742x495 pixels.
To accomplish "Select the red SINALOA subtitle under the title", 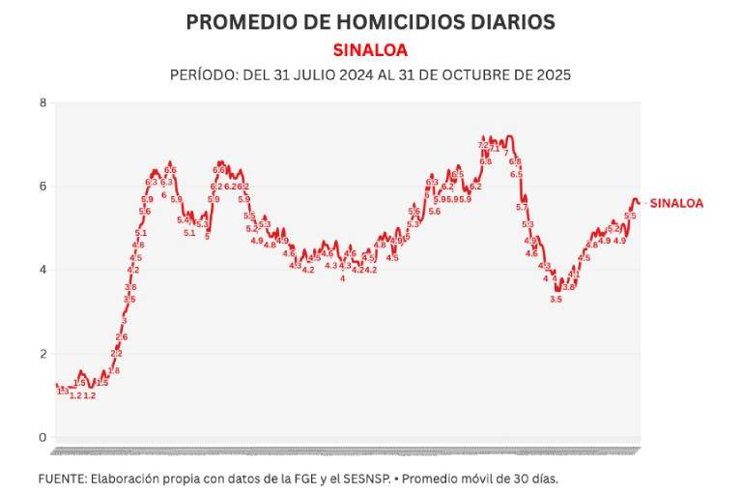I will (370, 49).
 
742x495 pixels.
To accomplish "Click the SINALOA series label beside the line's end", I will (676, 203).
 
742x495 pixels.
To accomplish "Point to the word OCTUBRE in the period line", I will (469, 74).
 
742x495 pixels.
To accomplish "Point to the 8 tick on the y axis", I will (43, 102).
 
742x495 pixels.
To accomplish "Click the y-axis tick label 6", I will (43, 187).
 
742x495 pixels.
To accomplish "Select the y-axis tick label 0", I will (43, 438).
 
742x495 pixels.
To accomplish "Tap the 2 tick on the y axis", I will (43, 354).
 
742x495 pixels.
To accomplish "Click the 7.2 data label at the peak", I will (483, 145).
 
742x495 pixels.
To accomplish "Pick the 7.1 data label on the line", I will (495, 149).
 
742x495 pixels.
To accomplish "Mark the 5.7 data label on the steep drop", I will (522, 207).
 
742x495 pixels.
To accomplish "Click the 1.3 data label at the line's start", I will (63, 391).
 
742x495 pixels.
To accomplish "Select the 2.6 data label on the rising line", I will (122, 336).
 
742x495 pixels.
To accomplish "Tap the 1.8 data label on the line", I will (114, 370).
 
